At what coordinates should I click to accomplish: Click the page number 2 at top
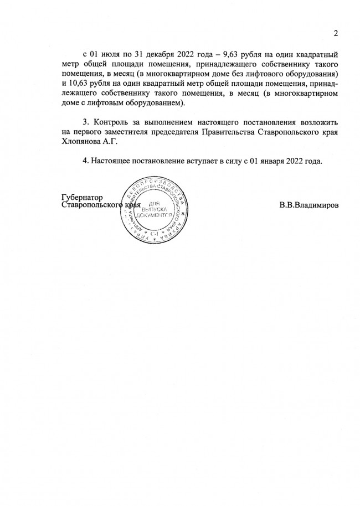(x=336, y=34)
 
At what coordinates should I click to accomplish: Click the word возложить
(x=318, y=121)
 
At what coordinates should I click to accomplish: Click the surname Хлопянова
(x=83, y=141)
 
